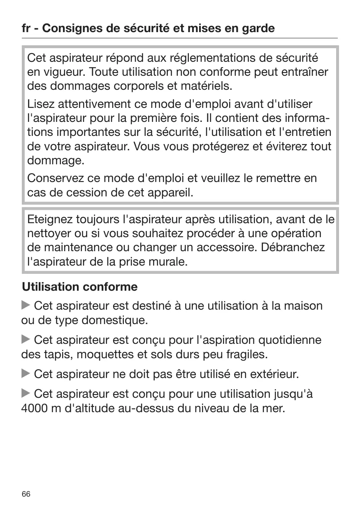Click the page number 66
tap(26, 494)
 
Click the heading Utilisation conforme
tap(79, 286)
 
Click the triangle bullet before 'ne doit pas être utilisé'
tap(26, 374)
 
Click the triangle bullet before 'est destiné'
tap(26, 306)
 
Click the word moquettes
tap(105, 354)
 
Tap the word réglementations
tap(209, 58)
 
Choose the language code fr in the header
tap(26, 28)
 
